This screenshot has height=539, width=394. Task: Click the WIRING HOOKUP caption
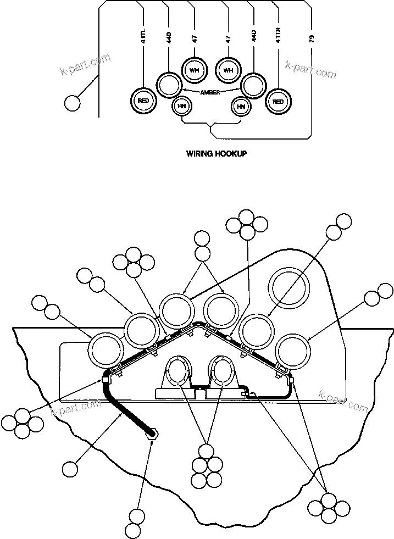tap(217, 154)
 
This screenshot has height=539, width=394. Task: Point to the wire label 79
tap(312, 38)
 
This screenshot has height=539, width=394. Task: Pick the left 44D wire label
tap(169, 37)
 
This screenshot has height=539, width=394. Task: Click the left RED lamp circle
tap(143, 101)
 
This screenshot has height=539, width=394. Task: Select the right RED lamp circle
tap(279, 101)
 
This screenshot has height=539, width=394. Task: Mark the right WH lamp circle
tap(228, 70)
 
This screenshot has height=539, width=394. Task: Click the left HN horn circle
tap(181, 106)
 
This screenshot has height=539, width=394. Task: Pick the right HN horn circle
tap(240, 106)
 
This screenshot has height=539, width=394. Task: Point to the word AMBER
tap(210, 93)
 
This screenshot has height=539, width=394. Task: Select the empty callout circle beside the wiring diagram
tap(72, 103)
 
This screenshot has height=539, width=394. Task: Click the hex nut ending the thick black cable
tap(152, 434)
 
